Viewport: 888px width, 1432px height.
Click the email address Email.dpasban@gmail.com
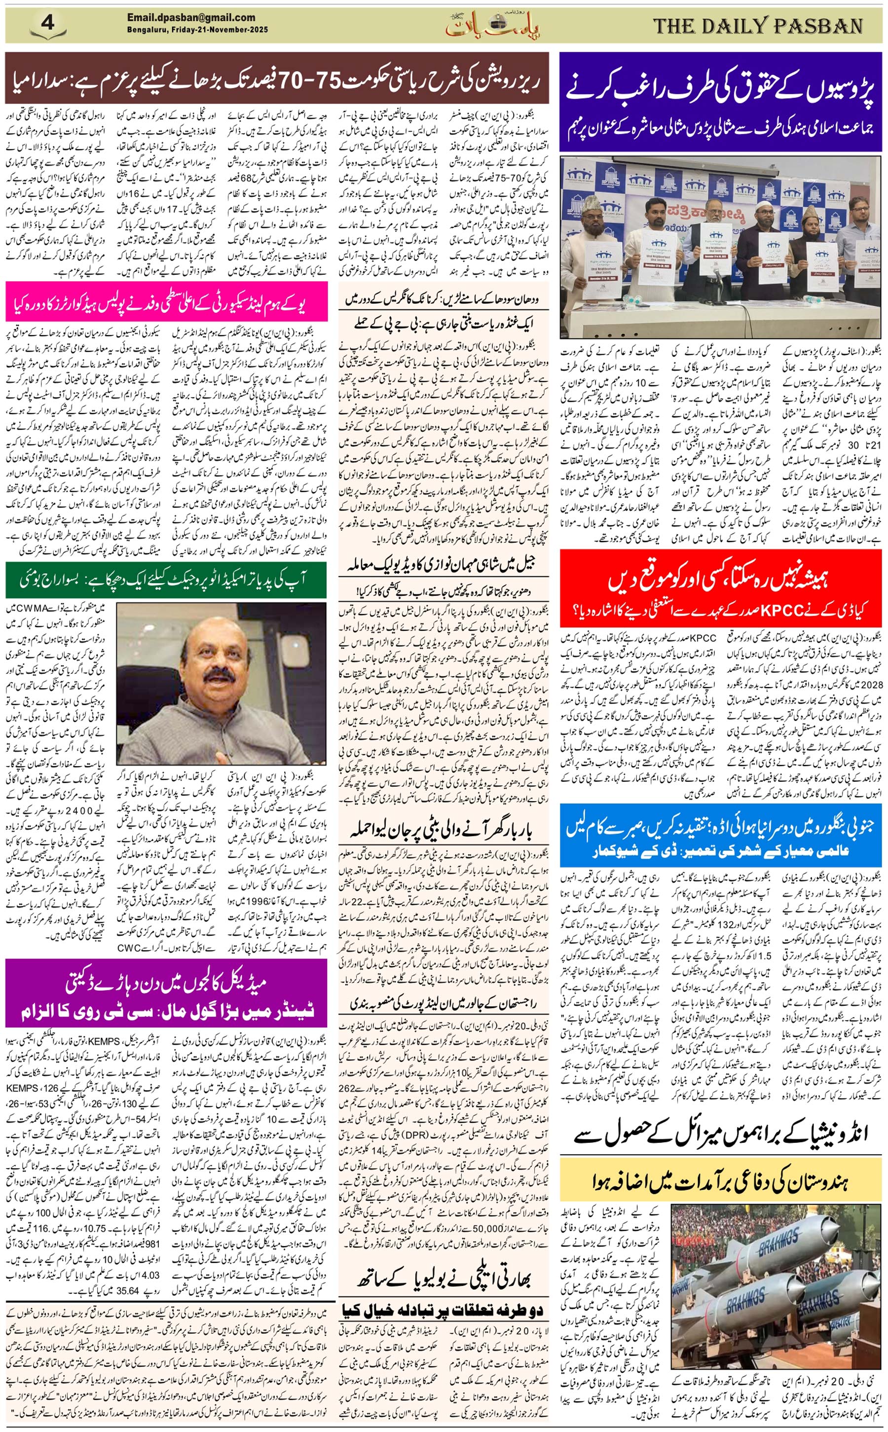point(191,18)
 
